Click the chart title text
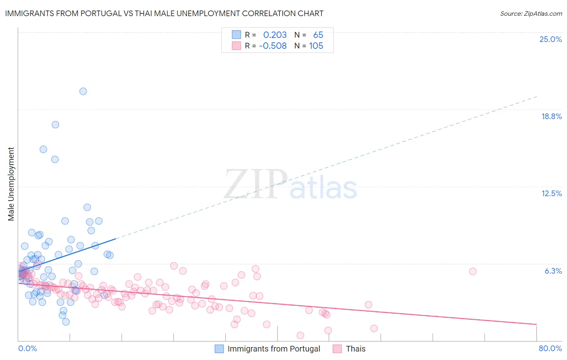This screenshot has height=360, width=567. (x=164, y=13)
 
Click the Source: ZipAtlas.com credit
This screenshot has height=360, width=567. (x=531, y=14)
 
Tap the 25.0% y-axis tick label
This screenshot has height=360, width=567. (x=550, y=39)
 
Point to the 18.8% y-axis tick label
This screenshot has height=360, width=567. (x=551, y=116)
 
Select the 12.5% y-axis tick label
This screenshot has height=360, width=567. (x=551, y=193)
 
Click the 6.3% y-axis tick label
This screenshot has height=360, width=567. (x=553, y=271)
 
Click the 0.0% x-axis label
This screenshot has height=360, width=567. (x=27, y=348)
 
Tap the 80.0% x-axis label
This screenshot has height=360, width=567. (x=550, y=348)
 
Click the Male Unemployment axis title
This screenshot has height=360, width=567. (x=11, y=184)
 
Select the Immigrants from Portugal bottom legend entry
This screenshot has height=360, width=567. (x=273, y=349)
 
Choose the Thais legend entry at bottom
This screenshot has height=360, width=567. (x=355, y=349)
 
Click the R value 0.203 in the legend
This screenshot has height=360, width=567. (x=275, y=35)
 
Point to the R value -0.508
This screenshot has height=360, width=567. (x=273, y=46)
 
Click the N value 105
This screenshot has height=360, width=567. (x=316, y=46)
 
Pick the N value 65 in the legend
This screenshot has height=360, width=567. (x=318, y=35)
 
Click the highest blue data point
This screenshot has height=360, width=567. (x=83, y=91)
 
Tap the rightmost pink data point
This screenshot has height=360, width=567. (x=473, y=271)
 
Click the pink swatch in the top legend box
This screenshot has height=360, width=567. (x=236, y=46)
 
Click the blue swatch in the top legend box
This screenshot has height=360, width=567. (x=236, y=35)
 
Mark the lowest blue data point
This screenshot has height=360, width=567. (x=66, y=322)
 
